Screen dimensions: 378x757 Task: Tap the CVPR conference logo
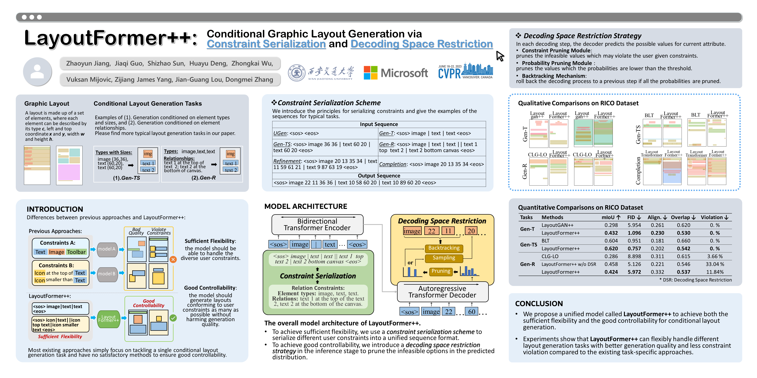(x=465, y=71)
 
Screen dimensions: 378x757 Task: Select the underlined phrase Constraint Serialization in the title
(x=266, y=44)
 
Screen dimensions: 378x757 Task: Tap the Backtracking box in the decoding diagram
(x=444, y=248)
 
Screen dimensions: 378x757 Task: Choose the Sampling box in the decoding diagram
(x=444, y=258)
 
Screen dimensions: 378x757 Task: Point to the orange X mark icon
(x=173, y=259)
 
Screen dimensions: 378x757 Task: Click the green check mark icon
(x=173, y=318)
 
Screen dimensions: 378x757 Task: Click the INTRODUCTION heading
(x=55, y=209)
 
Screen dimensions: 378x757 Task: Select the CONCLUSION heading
(x=539, y=304)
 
